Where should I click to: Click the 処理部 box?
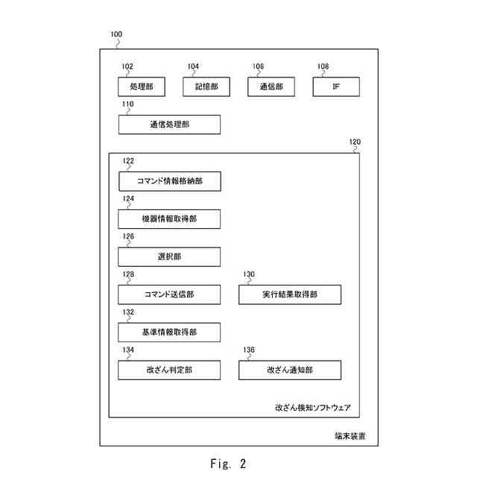pos(142,86)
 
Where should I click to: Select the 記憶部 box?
pos(206,86)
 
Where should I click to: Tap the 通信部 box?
pos(271,86)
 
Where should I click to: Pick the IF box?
pos(336,86)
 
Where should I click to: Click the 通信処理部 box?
pos(169,124)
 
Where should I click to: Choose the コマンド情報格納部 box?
pos(170,181)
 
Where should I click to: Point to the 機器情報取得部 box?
pos(169,219)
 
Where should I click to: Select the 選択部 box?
pos(169,256)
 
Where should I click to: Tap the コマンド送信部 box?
pos(169,294)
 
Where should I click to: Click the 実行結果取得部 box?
pos(290,294)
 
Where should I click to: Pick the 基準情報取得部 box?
pos(169,332)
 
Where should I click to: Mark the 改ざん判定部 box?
pos(169,370)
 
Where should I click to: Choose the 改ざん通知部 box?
pos(290,370)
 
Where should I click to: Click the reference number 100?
pos(116,34)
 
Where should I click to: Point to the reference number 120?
pos(355,142)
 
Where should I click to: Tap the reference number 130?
pos(249,274)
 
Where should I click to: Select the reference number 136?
pos(249,350)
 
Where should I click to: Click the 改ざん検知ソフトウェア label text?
pos(313,408)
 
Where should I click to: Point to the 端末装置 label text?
pos(350,436)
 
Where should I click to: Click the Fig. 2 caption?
pos(228,464)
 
